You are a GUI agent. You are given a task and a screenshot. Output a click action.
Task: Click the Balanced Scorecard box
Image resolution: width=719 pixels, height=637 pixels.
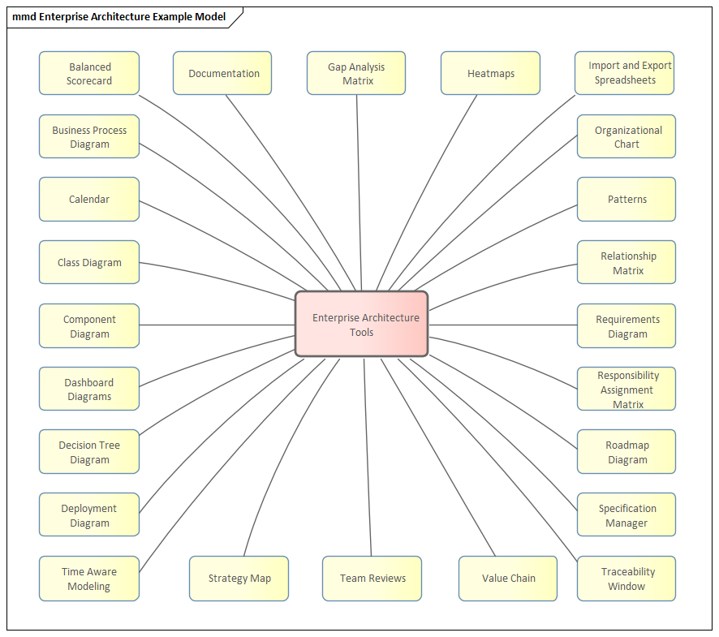tap(89, 73)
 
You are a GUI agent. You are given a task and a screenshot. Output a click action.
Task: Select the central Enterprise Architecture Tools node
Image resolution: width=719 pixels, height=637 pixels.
tap(362, 325)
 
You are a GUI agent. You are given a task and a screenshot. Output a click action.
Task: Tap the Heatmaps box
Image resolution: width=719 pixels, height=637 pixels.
tap(490, 73)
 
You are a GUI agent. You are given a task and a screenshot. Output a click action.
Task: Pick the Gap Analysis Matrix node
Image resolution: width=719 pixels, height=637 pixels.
tap(356, 73)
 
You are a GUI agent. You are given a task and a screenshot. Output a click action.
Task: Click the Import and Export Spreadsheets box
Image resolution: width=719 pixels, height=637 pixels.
tap(625, 73)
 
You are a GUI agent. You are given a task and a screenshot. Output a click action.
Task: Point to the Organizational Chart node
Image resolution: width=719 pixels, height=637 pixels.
tap(626, 136)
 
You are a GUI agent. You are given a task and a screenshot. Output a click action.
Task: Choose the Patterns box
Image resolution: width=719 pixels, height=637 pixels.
tap(626, 200)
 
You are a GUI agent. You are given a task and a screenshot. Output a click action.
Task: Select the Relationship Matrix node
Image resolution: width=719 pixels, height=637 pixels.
tap(626, 262)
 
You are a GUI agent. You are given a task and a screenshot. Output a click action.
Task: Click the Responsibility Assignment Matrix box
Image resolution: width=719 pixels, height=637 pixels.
tap(626, 389)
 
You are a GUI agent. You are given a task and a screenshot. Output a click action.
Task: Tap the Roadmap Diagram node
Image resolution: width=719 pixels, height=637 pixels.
tap(626, 452)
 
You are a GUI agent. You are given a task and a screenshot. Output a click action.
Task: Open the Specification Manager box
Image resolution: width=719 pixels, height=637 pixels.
tap(626, 514)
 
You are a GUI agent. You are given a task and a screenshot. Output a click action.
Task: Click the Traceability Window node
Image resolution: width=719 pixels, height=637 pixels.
tap(626, 579)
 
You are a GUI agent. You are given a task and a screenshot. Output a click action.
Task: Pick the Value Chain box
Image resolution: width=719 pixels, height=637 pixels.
tap(508, 579)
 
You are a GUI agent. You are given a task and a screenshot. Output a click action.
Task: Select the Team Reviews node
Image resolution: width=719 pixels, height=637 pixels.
tap(372, 579)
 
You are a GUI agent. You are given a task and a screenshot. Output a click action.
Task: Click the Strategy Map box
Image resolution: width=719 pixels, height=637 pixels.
tap(239, 579)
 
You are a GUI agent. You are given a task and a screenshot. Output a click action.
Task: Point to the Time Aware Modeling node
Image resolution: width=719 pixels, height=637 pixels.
tap(89, 579)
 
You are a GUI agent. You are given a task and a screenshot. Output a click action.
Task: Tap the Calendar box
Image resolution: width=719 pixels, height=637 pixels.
tap(89, 200)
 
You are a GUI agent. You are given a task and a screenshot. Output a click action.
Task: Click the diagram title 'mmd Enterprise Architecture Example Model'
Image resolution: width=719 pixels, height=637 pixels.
tap(118, 17)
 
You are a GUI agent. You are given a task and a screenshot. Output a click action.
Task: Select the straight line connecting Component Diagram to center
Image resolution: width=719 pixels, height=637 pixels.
tap(217, 325)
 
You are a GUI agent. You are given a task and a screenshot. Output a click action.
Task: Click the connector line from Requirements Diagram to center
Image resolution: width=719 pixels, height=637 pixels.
tap(503, 325)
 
